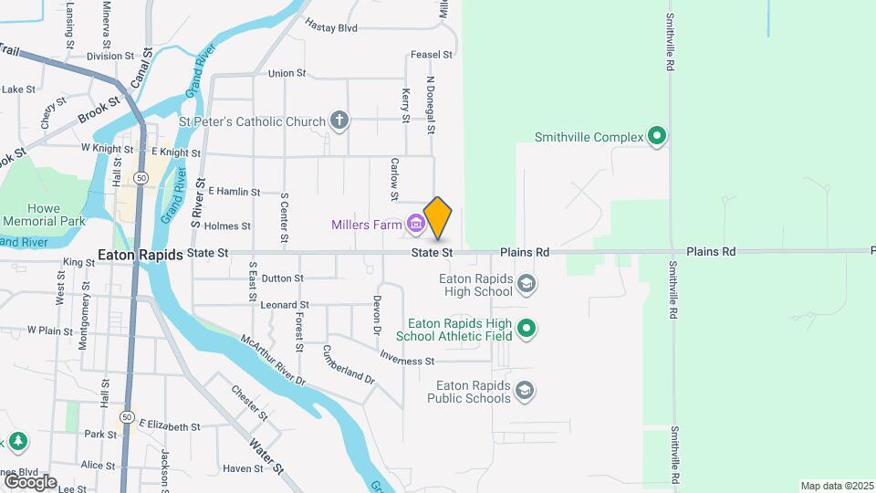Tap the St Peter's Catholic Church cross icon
(x=339, y=121)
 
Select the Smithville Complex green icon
(x=657, y=138)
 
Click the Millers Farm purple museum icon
(x=416, y=222)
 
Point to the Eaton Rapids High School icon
(x=526, y=285)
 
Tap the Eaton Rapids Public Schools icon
(x=525, y=392)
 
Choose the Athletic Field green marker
(x=526, y=329)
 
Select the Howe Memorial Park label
(x=43, y=215)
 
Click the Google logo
(x=30, y=481)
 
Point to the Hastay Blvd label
(x=330, y=28)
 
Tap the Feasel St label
(x=432, y=55)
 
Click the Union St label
(x=287, y=73)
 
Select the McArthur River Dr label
(x=273, y=362)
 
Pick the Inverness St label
(x=407, y=361)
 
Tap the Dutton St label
(x=282, y=278)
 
